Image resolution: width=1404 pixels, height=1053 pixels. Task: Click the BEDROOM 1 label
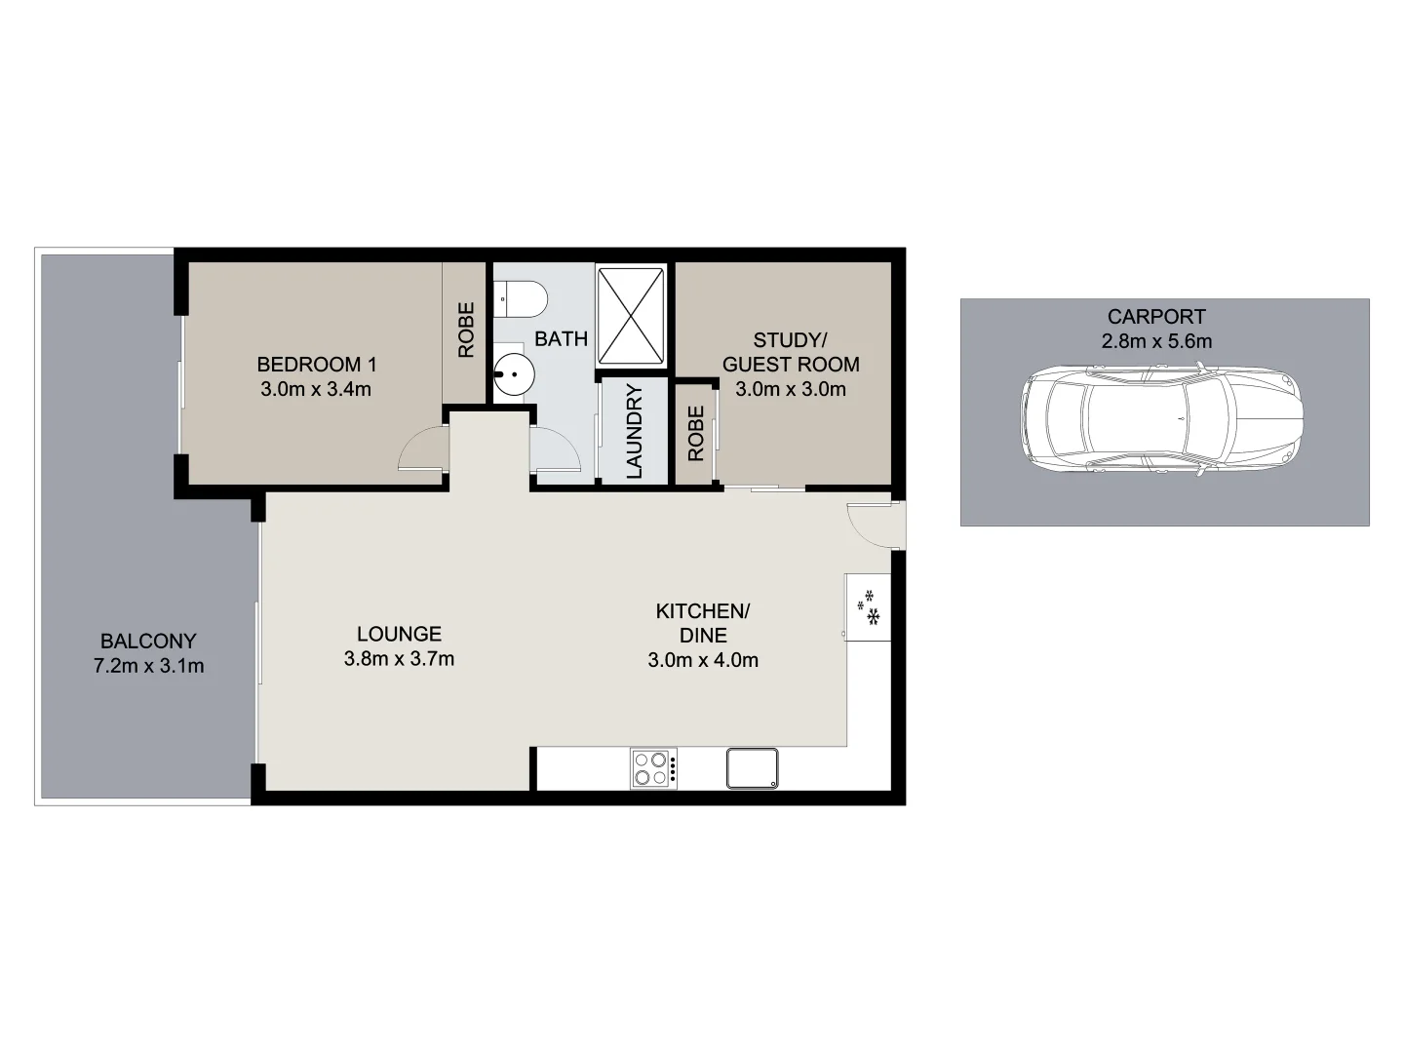[x=316, y=365]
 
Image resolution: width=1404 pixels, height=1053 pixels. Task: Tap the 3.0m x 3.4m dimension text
[x=316, y=390]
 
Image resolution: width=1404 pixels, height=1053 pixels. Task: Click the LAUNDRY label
[x=634, y=432]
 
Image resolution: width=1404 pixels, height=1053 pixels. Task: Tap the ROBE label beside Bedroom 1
[x=466, y=330]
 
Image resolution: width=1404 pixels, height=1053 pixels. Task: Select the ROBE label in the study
[x=695, y=433]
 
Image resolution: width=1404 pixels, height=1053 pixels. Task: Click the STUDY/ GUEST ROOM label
[x=790, y=352]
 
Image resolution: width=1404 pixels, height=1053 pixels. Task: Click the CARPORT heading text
[x=1156, y=317]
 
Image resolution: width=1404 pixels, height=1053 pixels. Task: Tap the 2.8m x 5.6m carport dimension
[x=1156, y=341]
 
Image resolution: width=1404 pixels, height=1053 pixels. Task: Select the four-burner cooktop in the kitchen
[x=652, y=767]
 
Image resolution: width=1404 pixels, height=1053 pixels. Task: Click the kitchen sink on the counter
[x=752, y=767]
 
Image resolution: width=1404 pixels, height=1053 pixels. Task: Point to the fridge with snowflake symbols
[x=868, y=607]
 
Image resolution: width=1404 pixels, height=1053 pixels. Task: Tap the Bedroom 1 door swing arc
[x=422, y=450]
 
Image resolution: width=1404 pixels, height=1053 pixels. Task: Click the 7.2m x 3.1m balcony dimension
[x=148, y=667]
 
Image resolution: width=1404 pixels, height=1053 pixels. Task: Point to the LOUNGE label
[x=399, y=634]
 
